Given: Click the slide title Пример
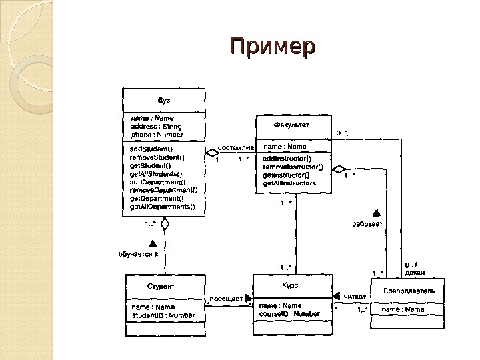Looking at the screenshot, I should point(272,48).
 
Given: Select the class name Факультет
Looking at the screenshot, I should point(291,125).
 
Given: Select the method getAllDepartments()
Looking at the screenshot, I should point(163,206).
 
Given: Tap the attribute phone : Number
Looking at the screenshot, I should point(156,134).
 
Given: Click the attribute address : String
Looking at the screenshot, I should point(155,126).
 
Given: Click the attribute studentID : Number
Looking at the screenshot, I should point(164,315).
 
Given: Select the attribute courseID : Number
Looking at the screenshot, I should point(290,313).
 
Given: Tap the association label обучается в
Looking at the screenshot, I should point(137,254).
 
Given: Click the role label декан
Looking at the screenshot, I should point(415,272).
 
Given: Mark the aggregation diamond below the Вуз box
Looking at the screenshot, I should point(165,225).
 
